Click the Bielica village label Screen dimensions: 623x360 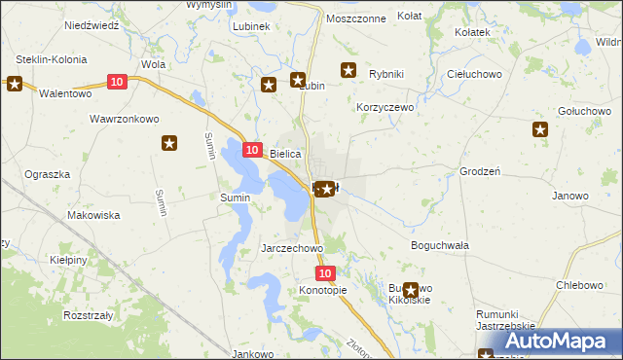[286, 154]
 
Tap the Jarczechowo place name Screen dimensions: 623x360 [292, 248]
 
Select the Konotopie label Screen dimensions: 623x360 [323, 291]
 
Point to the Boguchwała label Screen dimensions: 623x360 [440, 245]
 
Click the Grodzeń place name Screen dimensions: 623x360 [479, 171]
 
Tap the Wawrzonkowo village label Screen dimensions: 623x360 [124, 120]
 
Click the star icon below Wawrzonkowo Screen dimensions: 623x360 [168, 144]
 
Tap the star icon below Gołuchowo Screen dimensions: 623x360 [540, 129]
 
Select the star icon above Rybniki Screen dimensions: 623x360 [348, 69]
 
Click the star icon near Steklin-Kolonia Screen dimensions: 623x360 [14, 84]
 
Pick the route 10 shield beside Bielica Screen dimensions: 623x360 [251, 150]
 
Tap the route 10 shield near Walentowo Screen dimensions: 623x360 [117, 83]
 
